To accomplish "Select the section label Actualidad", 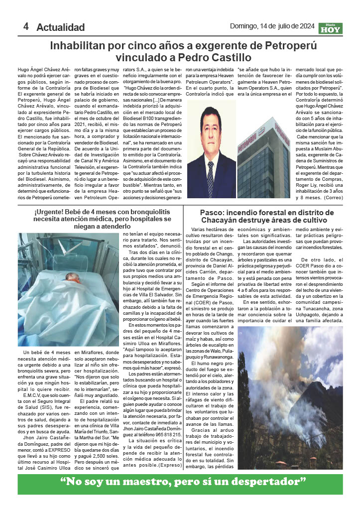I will (60, 27).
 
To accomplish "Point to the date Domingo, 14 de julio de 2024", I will (272, 26).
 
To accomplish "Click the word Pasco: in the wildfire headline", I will (214, 212).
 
